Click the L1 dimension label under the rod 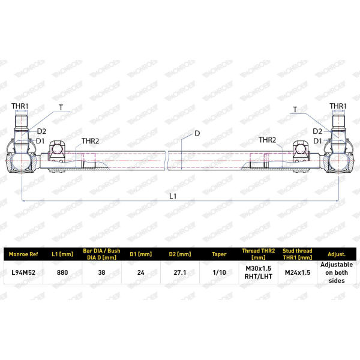coord(173,196)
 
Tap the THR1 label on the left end coord(20,106)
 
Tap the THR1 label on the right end coord(338,106)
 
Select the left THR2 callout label coord(90,141)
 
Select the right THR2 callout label coord(268,140)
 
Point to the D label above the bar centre coord(197,133)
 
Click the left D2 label coord(41,131)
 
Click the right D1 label coord(317,141)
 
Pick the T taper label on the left coord(61,107)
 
